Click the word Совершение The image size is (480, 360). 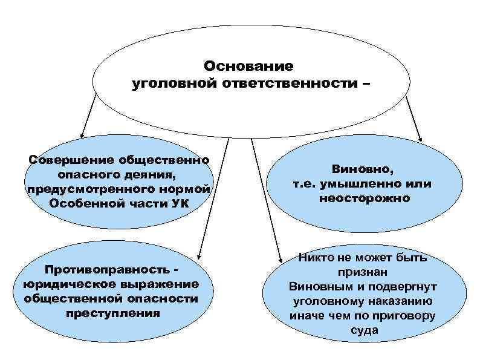[66, 160]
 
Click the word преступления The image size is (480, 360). [114, 313]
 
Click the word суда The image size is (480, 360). [364, 330]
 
